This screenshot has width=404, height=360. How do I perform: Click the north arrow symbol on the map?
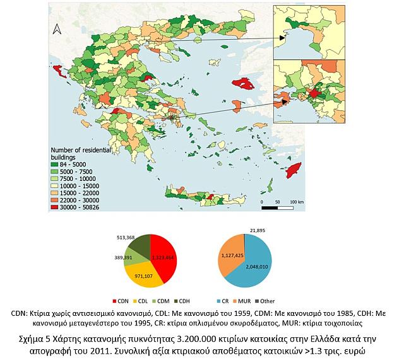(57, 30)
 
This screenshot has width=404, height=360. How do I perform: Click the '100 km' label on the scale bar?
(295, 202)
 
